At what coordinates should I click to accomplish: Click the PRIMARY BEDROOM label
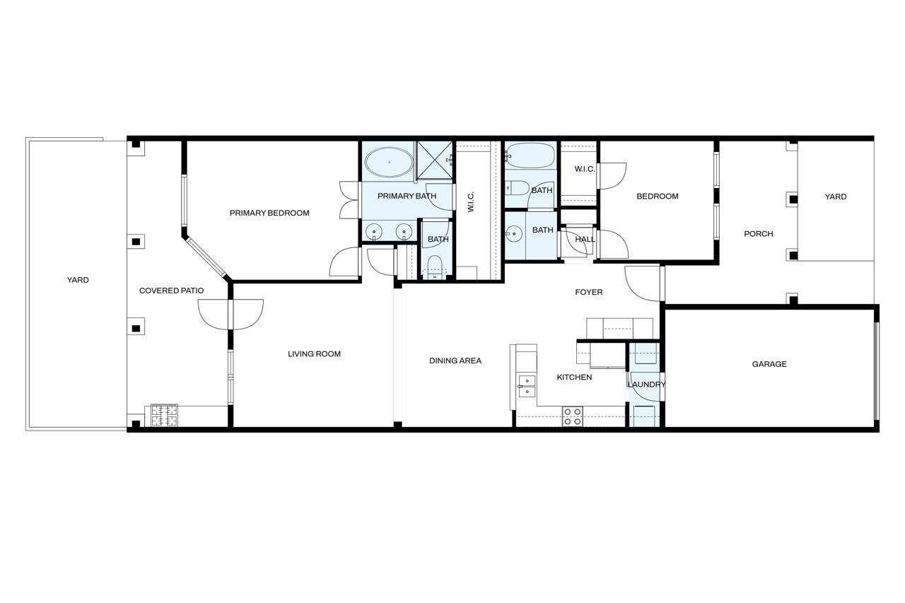click(x=269, y=213)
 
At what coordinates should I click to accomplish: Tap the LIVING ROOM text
click(x=315, y=353)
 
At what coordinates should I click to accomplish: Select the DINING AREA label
click(x=455, y=361)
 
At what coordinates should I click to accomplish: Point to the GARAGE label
click(x=769, y=364)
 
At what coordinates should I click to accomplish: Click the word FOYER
click(x=589, y=292)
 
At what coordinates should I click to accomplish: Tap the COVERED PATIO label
click(x=171, y=291)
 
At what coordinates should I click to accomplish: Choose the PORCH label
click(x=759, y=233)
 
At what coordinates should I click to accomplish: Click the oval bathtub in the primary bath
click(x=389, y=162)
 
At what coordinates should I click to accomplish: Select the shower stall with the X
click(x=435, y=160)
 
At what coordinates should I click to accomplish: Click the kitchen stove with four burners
click(x=573, y=416)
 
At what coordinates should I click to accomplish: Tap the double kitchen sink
click(x=527, y=386)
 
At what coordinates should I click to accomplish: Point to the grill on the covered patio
click(x=164, y=415)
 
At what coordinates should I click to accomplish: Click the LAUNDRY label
click(x=646, y=385)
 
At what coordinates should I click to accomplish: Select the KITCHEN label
click(x=574, y=377)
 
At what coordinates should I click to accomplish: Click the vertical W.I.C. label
click(x=471, y=201)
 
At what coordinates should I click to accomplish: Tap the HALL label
click(x=585, y=239)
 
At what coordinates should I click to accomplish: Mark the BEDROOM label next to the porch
click(x=658, y=197)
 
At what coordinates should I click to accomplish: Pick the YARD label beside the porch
click(x=836, y=197)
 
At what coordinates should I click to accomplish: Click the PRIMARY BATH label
click(x=407, y=196)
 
